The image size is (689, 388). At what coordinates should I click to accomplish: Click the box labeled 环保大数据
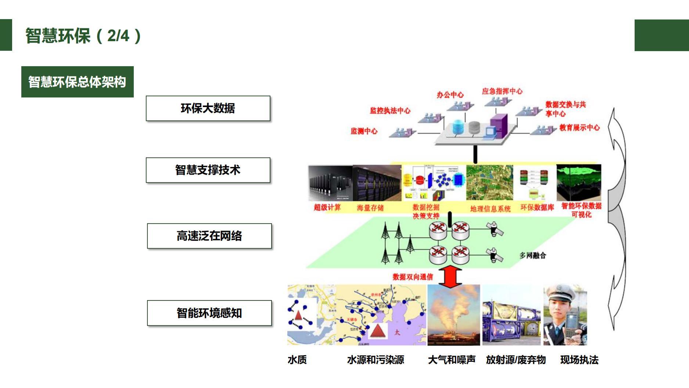pos(208,108)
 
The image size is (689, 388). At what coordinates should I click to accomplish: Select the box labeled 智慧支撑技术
pos(208,170)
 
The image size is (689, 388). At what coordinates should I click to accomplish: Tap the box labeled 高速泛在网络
pos(209,236)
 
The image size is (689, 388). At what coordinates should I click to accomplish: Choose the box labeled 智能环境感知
pos(209,313)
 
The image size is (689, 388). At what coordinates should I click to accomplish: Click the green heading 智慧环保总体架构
pos(78,82)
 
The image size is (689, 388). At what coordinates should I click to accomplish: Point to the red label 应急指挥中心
pos(502,91)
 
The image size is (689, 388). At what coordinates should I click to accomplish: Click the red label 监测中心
pos(364,131)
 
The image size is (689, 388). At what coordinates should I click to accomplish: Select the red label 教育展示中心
pos(579,128)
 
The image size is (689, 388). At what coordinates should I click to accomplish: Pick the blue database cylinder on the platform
pos(458,127)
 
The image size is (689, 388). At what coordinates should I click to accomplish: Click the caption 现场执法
pos(579,360)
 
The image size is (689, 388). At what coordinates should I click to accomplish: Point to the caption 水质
pos(297,360)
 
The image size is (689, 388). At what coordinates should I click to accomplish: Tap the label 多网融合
pos(532,255)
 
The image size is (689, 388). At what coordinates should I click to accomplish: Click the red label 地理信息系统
pos(490,209)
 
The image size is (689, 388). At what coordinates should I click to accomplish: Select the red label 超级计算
pos(327,207)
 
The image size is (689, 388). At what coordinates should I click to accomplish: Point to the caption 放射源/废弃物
pos(516,360)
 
